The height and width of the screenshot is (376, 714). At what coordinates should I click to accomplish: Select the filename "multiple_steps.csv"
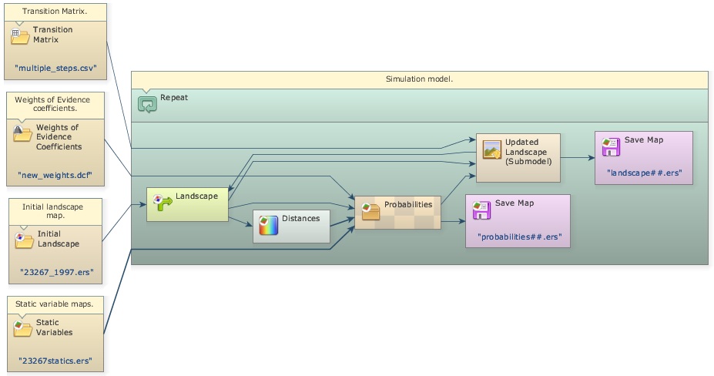(x=55, y=69)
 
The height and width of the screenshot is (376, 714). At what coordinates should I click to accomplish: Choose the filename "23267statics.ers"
(x=55, y=360)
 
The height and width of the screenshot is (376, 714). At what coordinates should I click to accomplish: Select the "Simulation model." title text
(x=419, y=79)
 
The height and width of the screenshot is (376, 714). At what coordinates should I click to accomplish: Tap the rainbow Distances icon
(x=267, y=226)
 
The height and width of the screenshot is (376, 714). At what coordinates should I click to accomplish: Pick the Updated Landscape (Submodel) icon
(x=491, y=149)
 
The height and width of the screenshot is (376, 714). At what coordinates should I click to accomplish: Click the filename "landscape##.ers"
(x=644, y=173)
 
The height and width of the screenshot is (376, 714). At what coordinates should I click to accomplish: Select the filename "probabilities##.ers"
(x=518, y=235)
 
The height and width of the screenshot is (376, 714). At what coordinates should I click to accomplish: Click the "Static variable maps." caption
(x=54, y=304)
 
